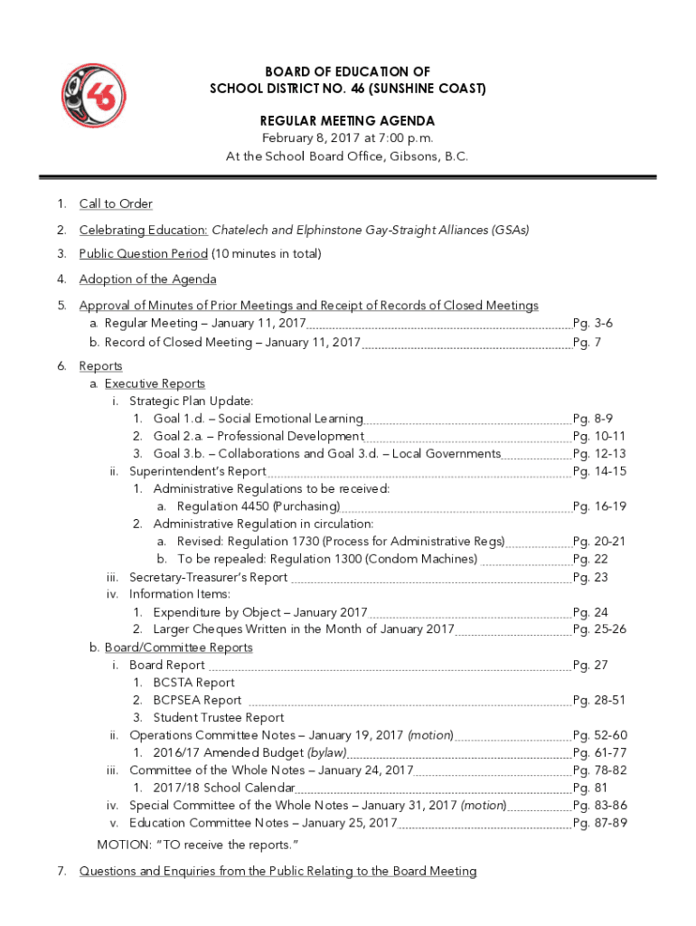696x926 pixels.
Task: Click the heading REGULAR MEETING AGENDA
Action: coord(347,120)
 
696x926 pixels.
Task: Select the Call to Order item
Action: coord(116,203)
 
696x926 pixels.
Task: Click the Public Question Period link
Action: coord(144,254)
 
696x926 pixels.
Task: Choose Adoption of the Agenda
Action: coord(147,279)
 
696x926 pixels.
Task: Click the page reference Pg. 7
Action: coord(588,343)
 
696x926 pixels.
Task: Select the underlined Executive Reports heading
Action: coord(155,383)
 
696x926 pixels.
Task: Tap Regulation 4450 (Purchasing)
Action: coord(259,506)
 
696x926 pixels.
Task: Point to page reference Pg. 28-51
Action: coord(599,700)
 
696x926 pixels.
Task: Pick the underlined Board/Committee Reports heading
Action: coord(178,647)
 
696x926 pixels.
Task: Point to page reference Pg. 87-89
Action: coord(599,823)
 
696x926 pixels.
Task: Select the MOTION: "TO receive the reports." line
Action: coord(198,845)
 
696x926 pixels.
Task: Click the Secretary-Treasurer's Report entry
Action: coord(208,577)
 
